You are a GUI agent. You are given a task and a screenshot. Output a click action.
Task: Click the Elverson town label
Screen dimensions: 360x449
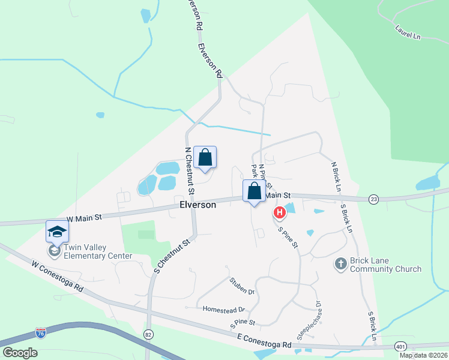coord(197,205)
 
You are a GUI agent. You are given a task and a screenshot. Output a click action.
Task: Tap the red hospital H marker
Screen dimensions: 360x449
coord(279,212)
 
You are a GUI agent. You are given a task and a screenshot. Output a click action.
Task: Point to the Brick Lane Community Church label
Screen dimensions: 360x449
coord(386,265)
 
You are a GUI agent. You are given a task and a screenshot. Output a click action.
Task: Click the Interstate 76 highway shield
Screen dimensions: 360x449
coord(41,332)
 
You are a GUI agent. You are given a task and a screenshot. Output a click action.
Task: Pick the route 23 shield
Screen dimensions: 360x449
coord(373,199)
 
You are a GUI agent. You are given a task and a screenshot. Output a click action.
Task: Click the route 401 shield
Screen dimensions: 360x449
coord(400,346)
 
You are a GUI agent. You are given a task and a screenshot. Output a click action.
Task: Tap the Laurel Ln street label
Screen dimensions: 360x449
coord(408,32)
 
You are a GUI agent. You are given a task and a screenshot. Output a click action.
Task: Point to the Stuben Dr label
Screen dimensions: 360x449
coord(242,285)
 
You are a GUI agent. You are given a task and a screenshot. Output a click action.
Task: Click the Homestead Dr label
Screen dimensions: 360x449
coord(224,310)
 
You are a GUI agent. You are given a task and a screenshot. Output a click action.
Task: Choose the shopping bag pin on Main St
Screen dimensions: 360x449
coord(254,191)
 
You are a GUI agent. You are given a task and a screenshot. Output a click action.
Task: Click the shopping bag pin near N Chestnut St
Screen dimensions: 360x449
coord(205,158)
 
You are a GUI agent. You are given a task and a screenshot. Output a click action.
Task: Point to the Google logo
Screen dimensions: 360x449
coord(20,352)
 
